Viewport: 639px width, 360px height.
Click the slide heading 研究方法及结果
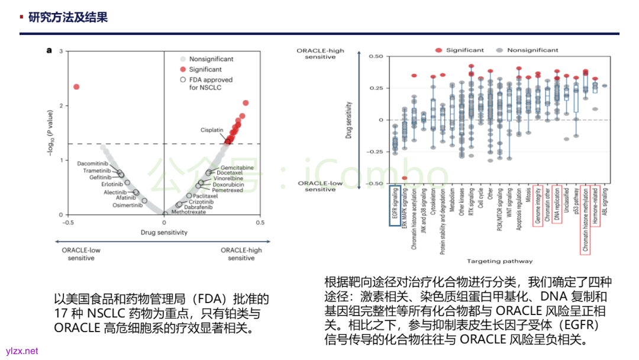tap(68, 17)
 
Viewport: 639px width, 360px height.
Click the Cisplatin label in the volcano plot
tap(212, 129)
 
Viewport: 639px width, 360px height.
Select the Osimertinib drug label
tap(128, 205)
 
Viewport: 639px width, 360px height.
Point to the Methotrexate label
tap(190, 211)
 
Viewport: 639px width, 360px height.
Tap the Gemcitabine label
tap(237, 168)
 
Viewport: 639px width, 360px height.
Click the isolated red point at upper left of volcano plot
tap(76, 87)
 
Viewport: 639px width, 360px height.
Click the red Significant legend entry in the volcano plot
tap(205, 69)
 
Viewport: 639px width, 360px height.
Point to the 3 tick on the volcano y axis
tap(61, 52)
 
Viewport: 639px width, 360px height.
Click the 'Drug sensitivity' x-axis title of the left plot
tap(164, 232)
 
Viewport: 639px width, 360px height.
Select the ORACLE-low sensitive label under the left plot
tap(81, 254)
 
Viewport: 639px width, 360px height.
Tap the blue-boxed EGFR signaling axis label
tap(395, 207)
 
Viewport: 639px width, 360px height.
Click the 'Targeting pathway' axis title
tap(499, 261)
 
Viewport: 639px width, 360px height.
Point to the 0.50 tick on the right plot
tap(376, 56)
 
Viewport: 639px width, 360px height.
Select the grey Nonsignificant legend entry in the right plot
tap(532, 50)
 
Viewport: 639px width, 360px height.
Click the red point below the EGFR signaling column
tap(405, 178)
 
